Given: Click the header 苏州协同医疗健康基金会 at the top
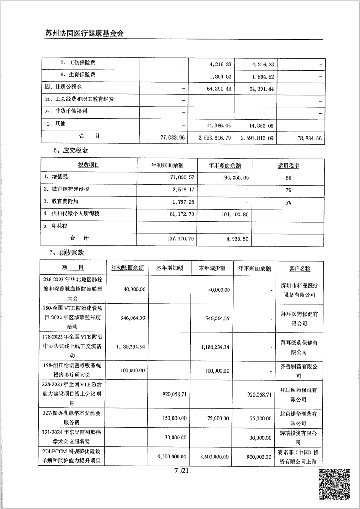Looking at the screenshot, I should point(84,33).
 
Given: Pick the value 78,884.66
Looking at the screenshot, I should point(306,137).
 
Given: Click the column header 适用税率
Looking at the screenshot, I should point(288,166).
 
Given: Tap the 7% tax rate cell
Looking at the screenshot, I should point(288,190).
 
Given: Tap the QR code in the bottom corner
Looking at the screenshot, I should point(335,485).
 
